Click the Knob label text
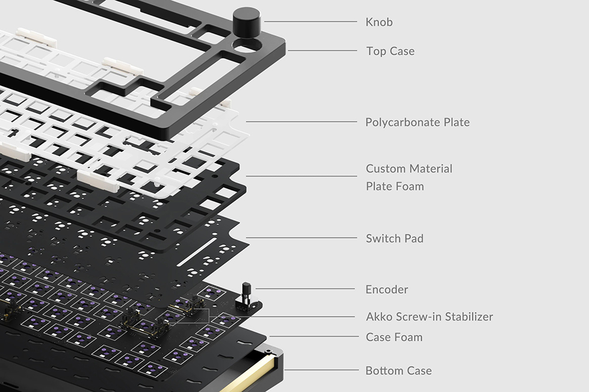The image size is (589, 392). (379, 22)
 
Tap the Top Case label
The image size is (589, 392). (391, 51)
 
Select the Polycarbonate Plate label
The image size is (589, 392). (418, 122)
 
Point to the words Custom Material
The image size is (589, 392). (409, 168)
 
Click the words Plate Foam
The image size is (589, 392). (395, 186)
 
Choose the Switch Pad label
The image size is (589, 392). (395, 238)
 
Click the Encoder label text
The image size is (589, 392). (386, 290)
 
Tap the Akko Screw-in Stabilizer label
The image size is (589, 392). (429, 317)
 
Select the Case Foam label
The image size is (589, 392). (394, 337)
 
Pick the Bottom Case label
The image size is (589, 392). (399, 371)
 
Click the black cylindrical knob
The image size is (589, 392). (246, 21)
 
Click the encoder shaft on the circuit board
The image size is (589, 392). (246, 292)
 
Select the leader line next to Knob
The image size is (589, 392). (310, 21)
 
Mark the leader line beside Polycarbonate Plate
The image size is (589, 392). (302, 122)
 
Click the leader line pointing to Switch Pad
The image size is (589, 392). (302, 238)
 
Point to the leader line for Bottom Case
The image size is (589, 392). (322, 370)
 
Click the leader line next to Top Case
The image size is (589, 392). (322, 51)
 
